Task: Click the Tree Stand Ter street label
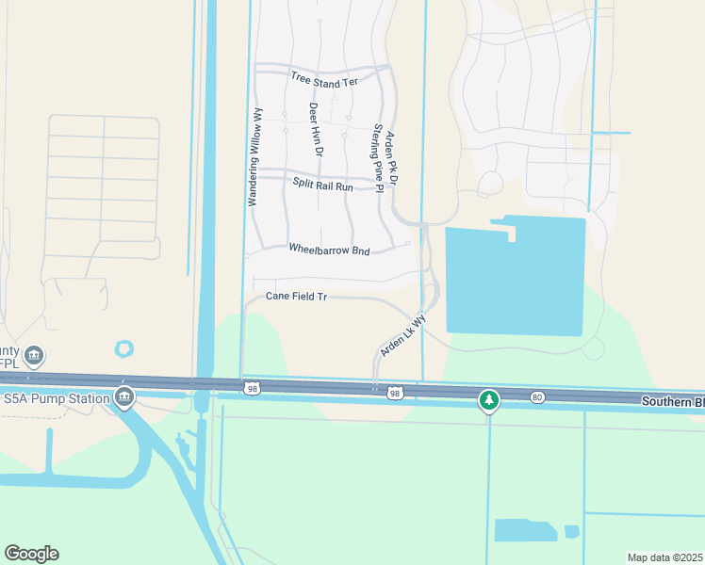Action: click(x=324, y=80)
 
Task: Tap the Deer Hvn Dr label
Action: click(x=318, y=130)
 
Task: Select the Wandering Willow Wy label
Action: click(x=254, y=157)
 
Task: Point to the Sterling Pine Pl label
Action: click(x=378, y=157)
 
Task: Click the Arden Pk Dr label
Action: click(x=393, y=158)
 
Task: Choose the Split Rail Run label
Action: click(x=322, y=186)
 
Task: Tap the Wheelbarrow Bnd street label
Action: click(x=329, y=250)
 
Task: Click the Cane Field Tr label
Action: click(x=296, y=297)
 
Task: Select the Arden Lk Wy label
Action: click(x=402, y=335)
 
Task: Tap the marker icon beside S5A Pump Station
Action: click(x=123, y=397)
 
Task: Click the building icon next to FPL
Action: click(x=34, y=355)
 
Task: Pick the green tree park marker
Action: click(x=488, y=400)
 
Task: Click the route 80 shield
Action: click(x=537, y=397)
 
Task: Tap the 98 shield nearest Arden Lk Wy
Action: click(x=395, y=394)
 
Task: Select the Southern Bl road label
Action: click(x=673, y=400)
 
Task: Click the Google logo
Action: click(x=31, y=554)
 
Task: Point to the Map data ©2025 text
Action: click(x=664, y=557)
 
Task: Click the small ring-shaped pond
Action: click(x=124, y=348)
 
